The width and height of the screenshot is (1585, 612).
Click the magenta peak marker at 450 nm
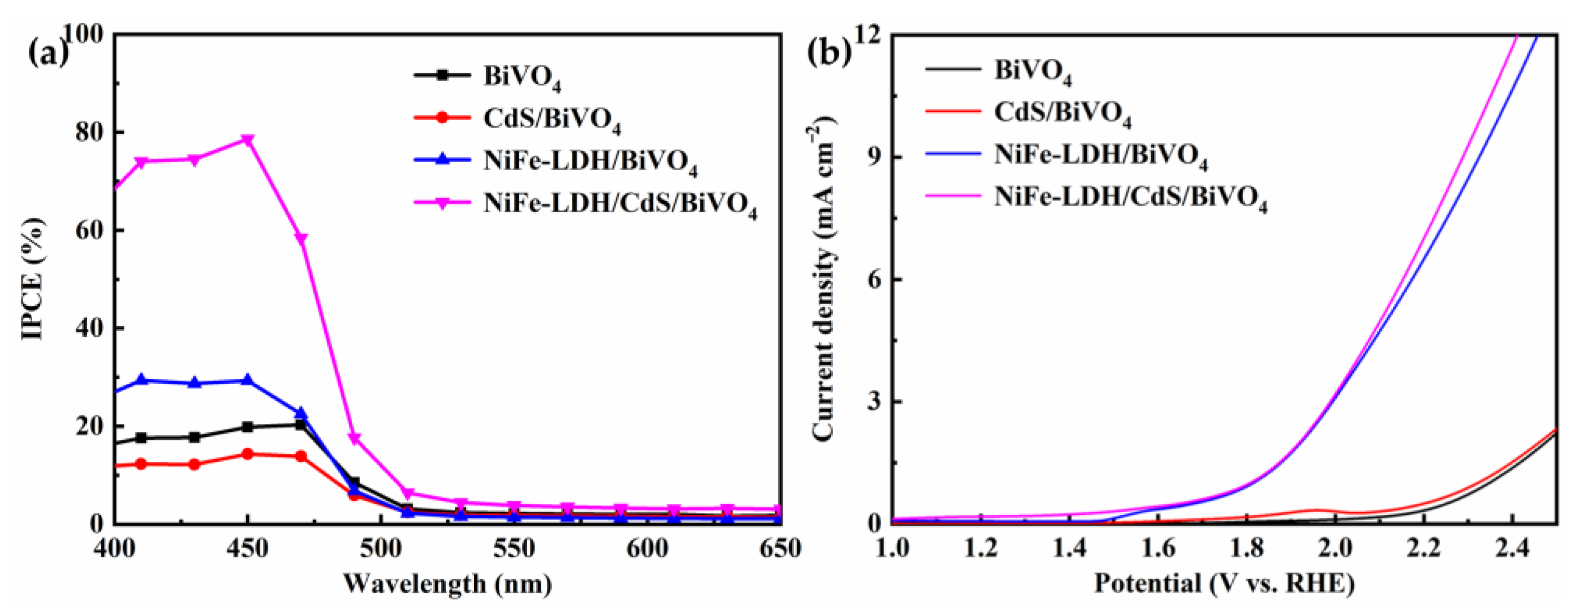click(x=247, y=140)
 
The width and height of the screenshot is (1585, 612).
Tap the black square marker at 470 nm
click(x=301, y=425)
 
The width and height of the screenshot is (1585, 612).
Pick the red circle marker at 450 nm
click(x=247, y=454)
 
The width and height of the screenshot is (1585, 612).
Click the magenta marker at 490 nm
click(x=354, y=438)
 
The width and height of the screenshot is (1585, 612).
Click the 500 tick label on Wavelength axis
click(x=380, y=548)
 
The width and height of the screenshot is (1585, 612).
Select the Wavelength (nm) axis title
click(x=447, y=584)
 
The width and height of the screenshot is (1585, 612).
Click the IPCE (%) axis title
click(x=34, y=279)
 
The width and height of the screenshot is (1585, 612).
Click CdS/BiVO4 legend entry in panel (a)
click(x=552, y=118)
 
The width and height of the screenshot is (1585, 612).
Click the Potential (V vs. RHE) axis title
click(x=1224, y=584)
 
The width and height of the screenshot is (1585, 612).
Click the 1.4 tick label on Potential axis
click(x=1069, y=548)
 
